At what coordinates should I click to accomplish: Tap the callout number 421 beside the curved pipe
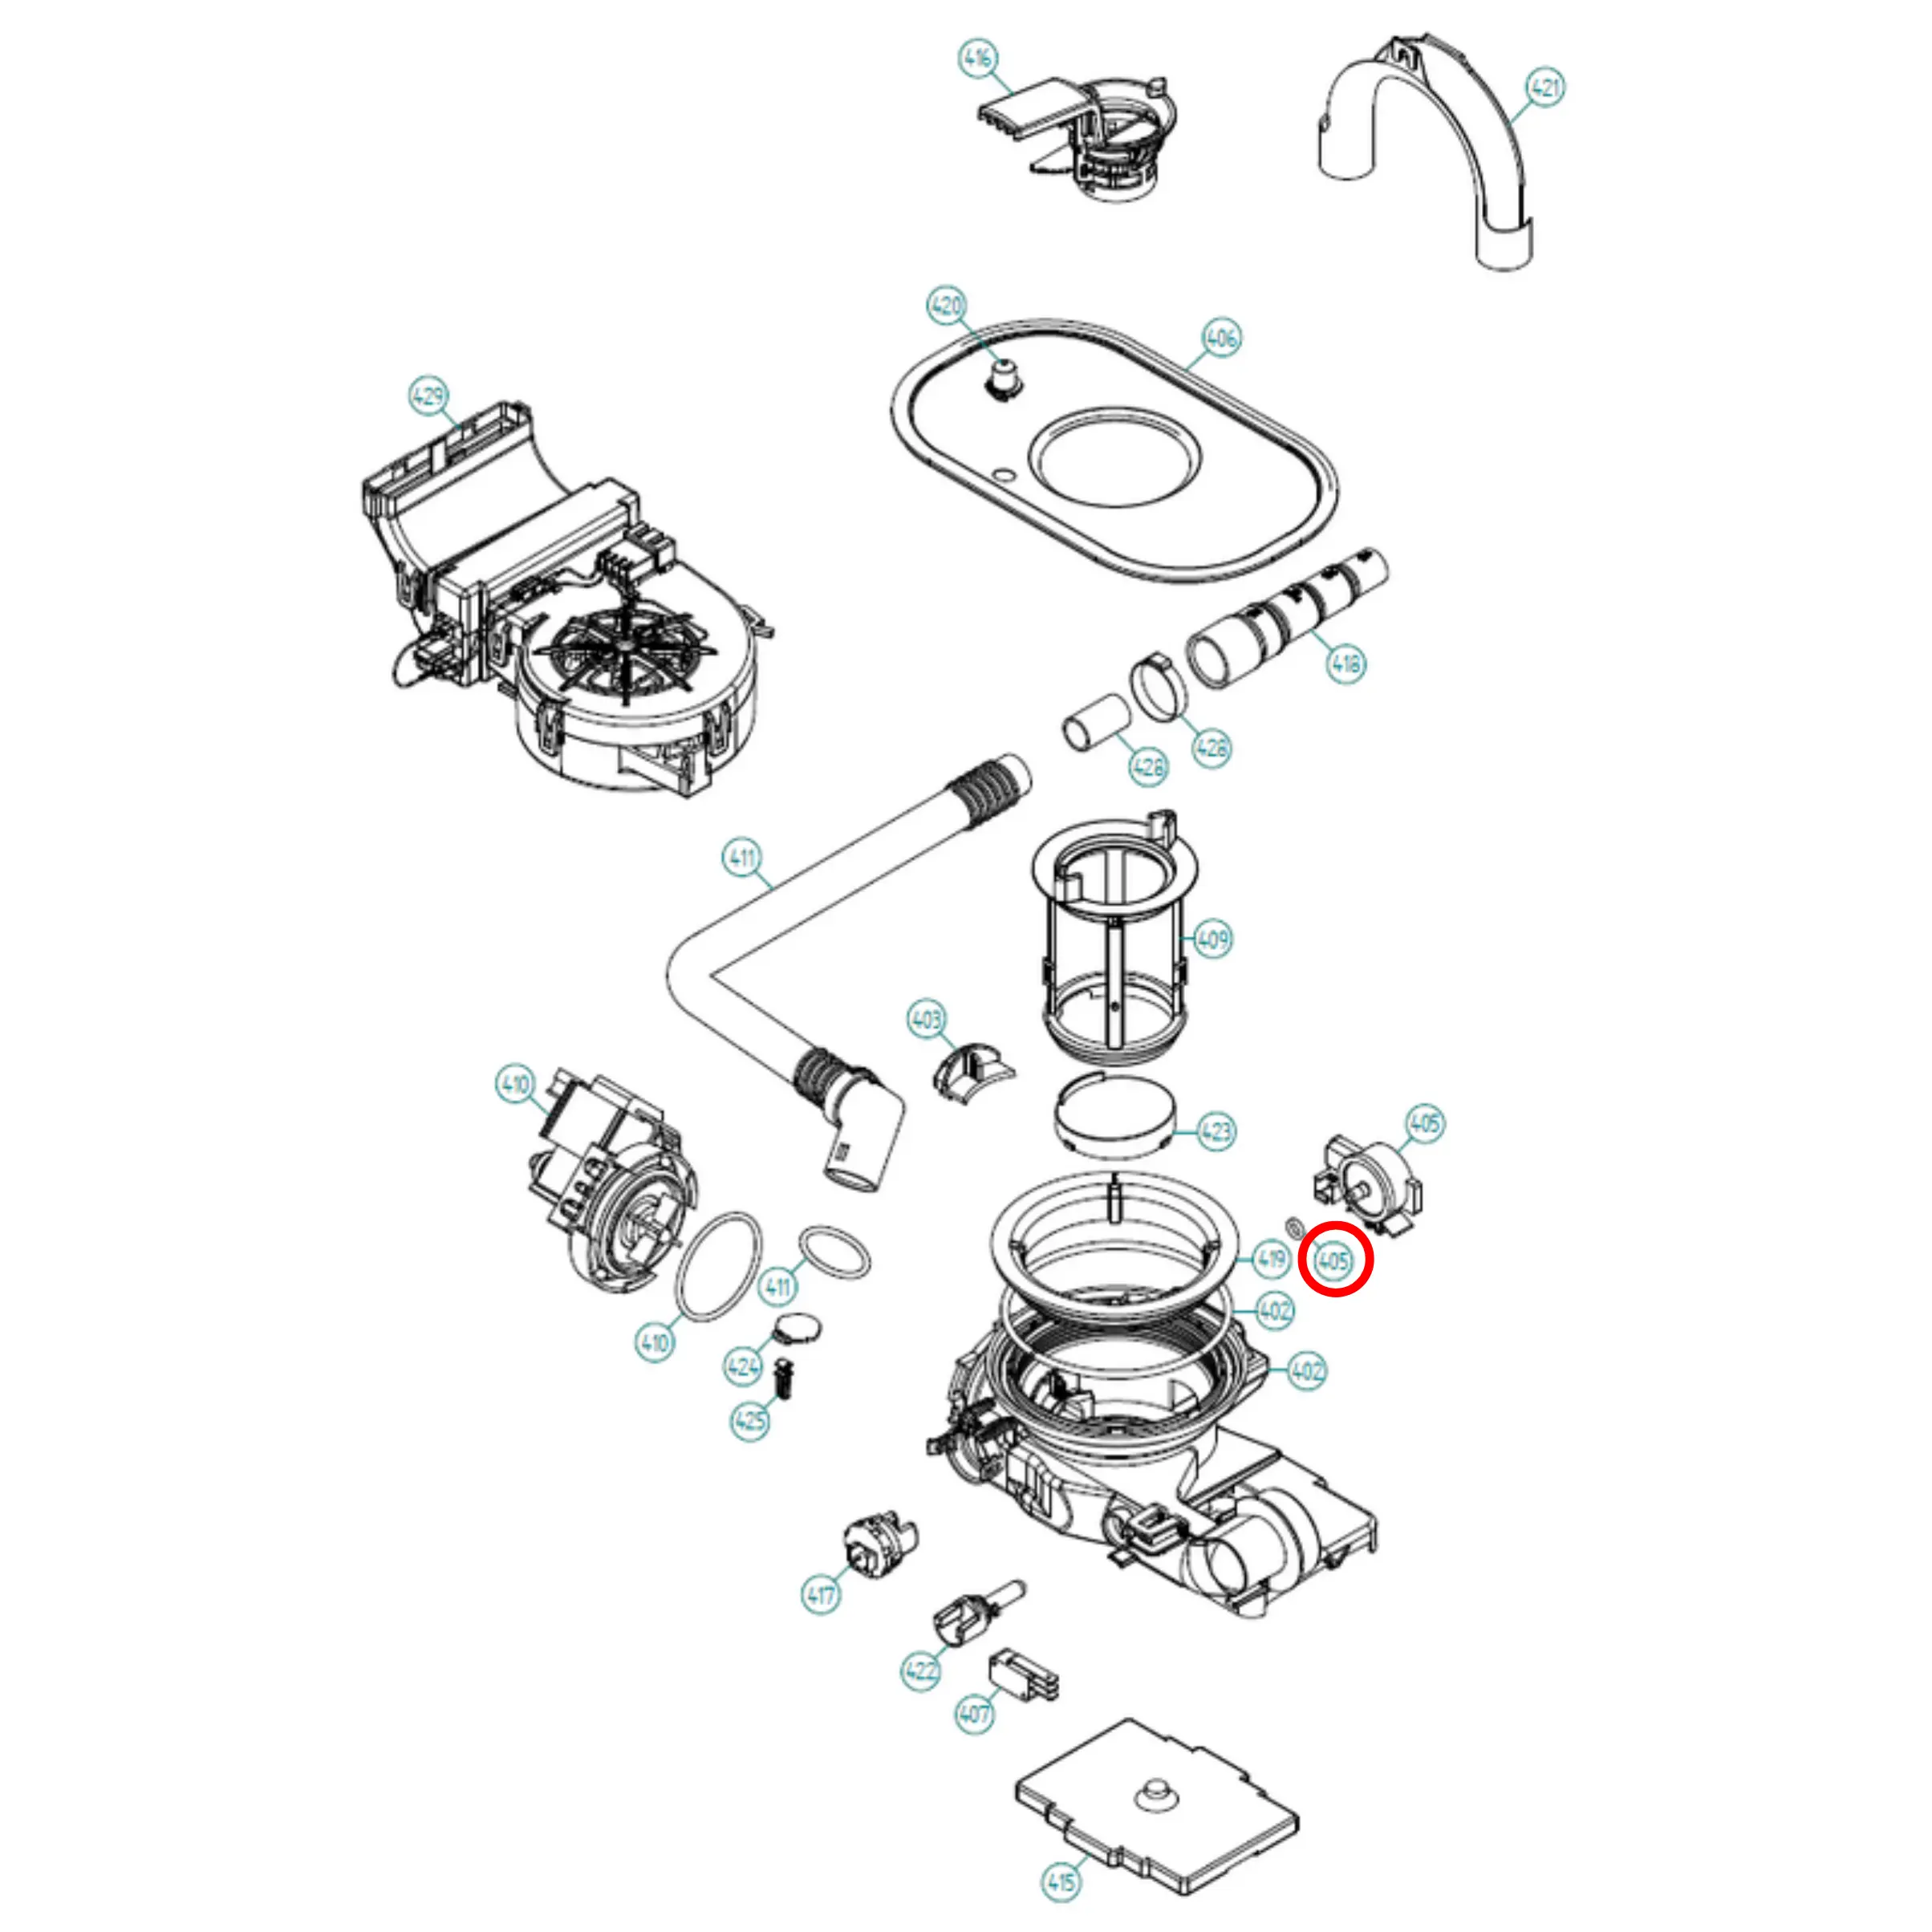click(1545, 88)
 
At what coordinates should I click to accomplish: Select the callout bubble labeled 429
click(428, 396)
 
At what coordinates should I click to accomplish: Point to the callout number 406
click(1221, 338)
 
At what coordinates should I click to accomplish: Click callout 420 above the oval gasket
click(946, 305)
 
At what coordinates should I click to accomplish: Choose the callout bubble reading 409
click(1212, 939)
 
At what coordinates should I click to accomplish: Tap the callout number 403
click(926, 1019)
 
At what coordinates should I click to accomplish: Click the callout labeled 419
click(1270, 1258)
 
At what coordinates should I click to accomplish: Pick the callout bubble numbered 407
click(974, 1714)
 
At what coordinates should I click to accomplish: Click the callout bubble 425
click(750, 1420)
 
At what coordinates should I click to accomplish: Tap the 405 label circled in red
click(1335, 1260)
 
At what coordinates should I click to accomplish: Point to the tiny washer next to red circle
click(1293, 1226)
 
